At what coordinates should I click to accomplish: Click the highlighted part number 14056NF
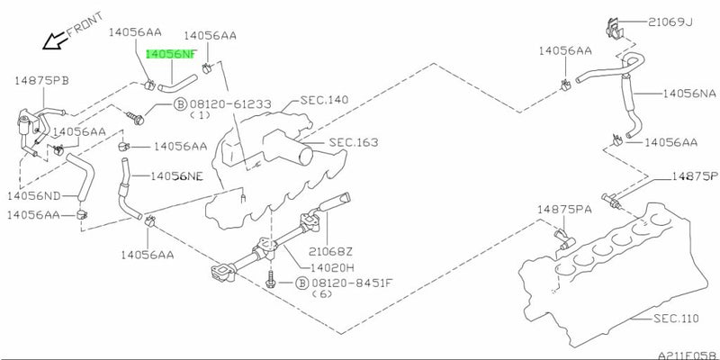171,54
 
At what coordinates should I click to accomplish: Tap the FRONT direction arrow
54,40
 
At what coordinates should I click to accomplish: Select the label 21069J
670,21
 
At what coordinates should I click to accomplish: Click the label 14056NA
689,94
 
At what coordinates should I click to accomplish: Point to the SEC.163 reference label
354,143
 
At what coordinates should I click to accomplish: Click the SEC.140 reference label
324,100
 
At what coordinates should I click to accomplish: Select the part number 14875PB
41,81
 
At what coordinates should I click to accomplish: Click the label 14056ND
33,196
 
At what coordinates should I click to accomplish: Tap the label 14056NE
176,176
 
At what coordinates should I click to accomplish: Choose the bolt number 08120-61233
230,104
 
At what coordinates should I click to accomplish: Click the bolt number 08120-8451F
352,283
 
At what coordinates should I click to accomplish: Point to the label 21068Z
330,251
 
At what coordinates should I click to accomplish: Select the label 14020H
327,267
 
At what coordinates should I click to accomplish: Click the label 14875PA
564,210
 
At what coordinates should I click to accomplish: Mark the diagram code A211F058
688,355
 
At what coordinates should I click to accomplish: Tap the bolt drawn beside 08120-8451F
270,279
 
